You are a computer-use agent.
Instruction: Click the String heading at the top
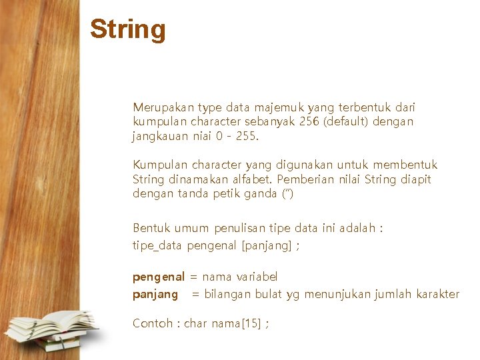pos(128,29)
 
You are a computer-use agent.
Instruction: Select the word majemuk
pos(277,107)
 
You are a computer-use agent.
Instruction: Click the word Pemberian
pos(303,179)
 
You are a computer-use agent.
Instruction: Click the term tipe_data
pos(158,245)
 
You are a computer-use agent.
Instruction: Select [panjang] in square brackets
pos(267,245)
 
